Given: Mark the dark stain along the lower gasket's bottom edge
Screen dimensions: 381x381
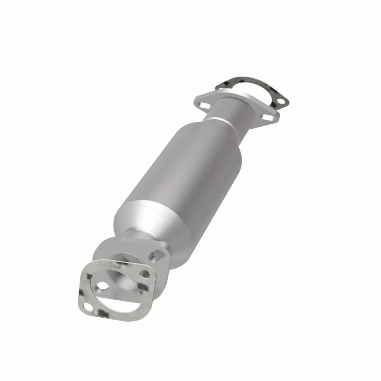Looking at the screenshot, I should (x=103, y=313).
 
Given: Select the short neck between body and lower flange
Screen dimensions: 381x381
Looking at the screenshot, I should (x=131, y=235).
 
